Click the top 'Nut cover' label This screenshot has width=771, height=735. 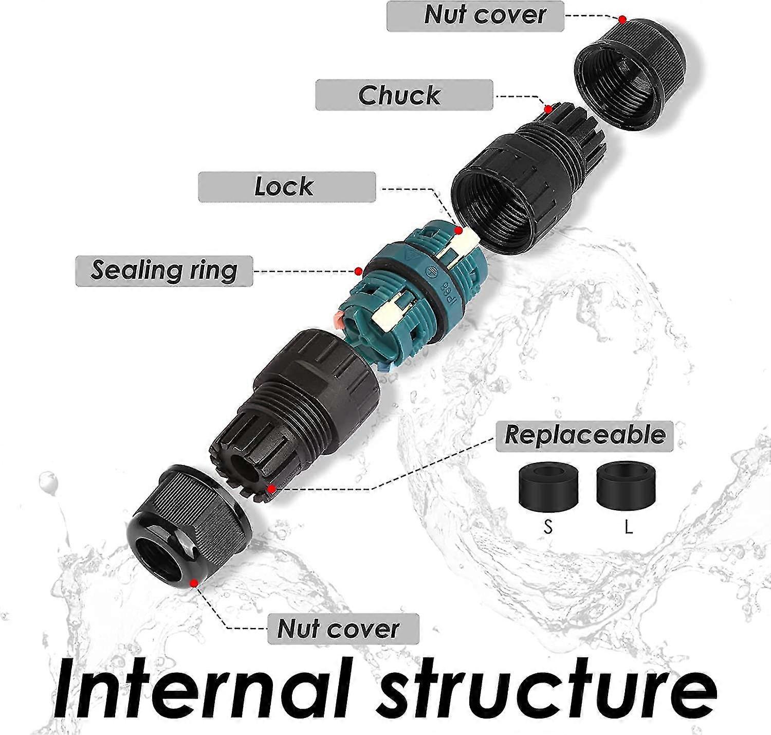click(x=475, y=15)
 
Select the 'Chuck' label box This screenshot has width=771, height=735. click(x=404, y=95)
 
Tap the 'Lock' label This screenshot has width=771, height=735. click(x=287, y=186)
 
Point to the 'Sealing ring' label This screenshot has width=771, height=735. click(x=164, y=271)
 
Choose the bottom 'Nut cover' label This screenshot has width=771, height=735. click(x=343, y=629)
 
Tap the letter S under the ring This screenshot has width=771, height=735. click(x=548, y=528)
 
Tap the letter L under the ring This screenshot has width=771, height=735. click(x=629, y=528)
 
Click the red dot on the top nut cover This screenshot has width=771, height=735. click(x=622, y=19)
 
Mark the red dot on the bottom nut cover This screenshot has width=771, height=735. click(x=194, y=583)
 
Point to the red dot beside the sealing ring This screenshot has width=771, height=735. click(x=358, y=271)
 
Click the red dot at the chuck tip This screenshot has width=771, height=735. click(x=548, y=110)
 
